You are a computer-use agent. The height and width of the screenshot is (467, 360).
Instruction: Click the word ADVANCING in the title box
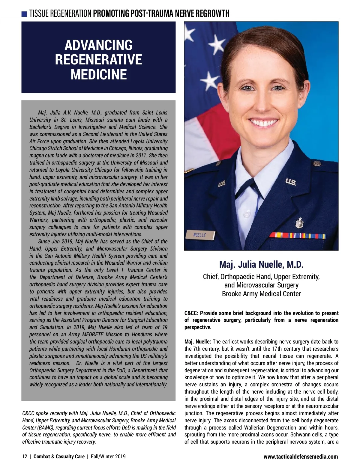98,45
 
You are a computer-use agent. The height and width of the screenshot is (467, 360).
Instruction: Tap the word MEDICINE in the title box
98,74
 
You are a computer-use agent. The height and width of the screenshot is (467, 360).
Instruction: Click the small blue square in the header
25,14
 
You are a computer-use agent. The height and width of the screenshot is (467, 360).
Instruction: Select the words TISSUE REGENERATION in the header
60,13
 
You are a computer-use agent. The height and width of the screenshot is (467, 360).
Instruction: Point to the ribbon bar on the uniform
297,235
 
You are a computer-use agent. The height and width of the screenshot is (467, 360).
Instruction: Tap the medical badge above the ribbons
299,223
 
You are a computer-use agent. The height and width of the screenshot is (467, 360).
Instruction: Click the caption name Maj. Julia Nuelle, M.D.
261,264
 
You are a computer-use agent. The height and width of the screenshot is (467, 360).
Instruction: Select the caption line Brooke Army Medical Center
261,293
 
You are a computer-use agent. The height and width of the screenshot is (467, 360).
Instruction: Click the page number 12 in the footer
25,457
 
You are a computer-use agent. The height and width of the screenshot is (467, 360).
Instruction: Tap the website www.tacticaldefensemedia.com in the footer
301,457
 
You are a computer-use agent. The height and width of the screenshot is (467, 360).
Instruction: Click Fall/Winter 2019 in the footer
108,457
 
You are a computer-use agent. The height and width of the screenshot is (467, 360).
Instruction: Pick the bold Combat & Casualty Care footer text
59,457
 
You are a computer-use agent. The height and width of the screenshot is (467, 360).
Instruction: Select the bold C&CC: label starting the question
191,313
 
